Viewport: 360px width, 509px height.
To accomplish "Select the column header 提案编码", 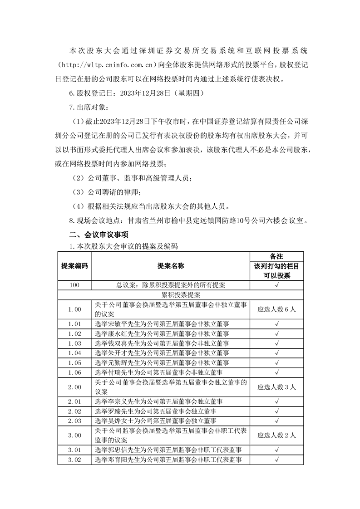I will click(x=74, y=266).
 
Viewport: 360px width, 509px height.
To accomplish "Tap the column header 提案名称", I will click(x=171, y=266).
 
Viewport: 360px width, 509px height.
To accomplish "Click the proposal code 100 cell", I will click(x=74, y=285).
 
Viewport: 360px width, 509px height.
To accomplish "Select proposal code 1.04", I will click(x=74, y=352).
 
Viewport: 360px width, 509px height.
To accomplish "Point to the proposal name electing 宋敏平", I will click(x=162, y=324).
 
